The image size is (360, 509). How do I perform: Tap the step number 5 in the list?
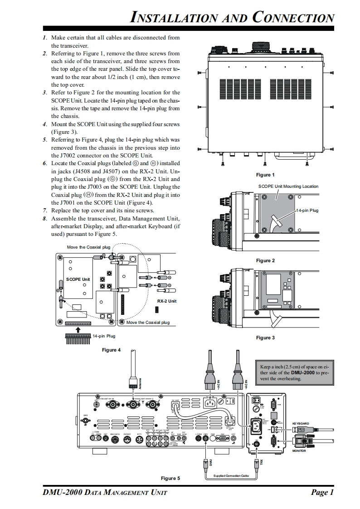click(45, 140)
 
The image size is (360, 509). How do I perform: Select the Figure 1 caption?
click(265, 175)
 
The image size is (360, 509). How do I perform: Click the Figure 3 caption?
click(265, 338)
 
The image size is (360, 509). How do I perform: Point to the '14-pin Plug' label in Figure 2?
click(307, 211)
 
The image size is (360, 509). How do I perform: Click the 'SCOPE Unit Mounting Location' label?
click(288, 186)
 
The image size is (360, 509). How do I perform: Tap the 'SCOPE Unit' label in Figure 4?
click(78, 279)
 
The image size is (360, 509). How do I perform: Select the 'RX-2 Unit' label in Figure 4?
click(167, 301)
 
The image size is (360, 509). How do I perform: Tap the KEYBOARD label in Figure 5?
click(301, 424)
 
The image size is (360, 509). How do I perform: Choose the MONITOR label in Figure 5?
click(299, 451)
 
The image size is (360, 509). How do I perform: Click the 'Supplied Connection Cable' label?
click(231, 475)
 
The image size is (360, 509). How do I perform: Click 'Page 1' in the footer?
click(322, 492)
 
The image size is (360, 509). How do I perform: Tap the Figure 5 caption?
click(170, 478)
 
